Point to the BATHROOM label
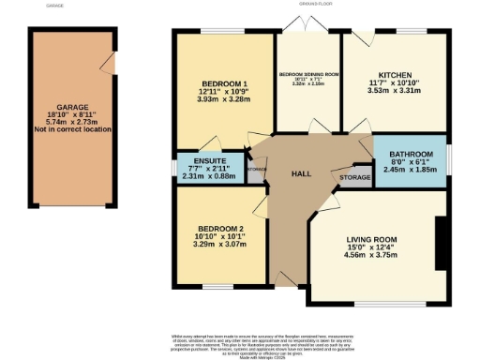coord(412,154)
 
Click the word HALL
coord(300,174)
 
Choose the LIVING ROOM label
coord(371,240)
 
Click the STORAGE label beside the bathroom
coord(354,176)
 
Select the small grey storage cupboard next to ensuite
coord(256,169)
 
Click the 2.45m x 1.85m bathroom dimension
coord(412,170)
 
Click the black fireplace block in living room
coord(438,242)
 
